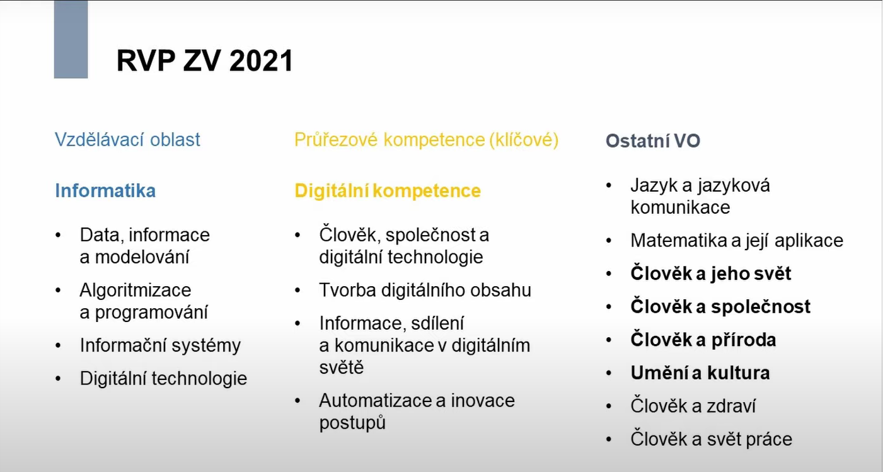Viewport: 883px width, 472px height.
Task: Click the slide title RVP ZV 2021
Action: (x=205, y=62)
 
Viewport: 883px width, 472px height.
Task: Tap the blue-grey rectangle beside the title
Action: (x=71, y=39)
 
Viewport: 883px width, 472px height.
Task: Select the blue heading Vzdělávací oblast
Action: (x=127, y=139)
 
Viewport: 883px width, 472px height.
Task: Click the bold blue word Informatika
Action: (x=105, y=190)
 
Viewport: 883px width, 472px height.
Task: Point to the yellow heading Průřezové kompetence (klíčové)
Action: (x=426, y=139)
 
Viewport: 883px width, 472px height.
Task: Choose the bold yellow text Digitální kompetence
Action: (x=388, y=190)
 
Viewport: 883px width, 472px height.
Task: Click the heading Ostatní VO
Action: (x=653, y=141)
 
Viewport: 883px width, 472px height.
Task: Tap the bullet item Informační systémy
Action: (x=160, y=345)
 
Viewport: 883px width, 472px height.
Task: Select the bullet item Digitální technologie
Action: (x=163, y=378)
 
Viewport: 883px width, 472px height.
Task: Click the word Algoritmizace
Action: (x=135, y=290)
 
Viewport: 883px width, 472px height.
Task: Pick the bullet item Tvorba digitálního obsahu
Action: (x=425, y=290)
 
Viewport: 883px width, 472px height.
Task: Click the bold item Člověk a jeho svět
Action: (x=710, y=273)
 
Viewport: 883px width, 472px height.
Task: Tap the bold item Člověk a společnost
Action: (x=720, y=306)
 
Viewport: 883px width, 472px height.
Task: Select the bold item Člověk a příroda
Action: (x=703, y=340)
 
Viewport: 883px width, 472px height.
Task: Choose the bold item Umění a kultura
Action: (x=700, y=372)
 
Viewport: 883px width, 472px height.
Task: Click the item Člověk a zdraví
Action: (x=693, y=406)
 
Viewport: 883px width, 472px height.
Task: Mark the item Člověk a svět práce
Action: (x=711, y=439)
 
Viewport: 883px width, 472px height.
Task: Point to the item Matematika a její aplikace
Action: (x=736, y=240)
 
